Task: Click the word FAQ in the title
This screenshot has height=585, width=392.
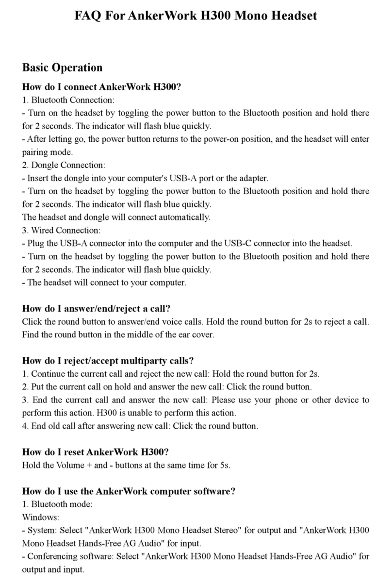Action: pyautogui.click(x=89, y=16)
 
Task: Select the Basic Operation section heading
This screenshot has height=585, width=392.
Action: pyautogui.click(x=62, y=67)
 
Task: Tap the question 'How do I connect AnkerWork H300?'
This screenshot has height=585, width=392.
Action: pyautogui.click(x=102, y=87)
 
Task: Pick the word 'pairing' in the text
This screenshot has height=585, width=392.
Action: pyautogui.click(x=35, y=152)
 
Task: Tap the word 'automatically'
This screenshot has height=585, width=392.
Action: pyautogui.click(x=187, y=217)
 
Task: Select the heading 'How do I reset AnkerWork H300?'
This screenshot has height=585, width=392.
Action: pyautogui.click(x=95, y=452)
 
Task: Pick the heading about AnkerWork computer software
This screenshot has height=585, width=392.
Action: pyautogui.click(x=129, y=491)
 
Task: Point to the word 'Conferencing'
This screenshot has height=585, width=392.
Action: pyautogui.click(x=52, y=556)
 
